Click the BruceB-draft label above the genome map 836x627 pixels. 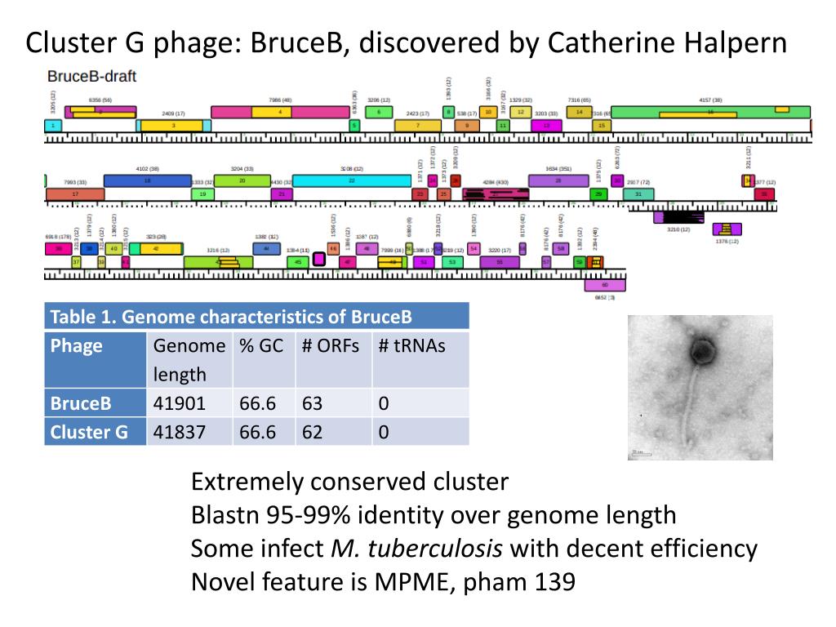tap(91, 77)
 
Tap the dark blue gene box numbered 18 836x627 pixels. tap(147, 180)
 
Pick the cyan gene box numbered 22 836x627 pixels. tap(351, 180)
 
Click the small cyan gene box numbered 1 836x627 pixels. tap(53, 126)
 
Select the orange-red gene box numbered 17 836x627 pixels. tap(75, 194)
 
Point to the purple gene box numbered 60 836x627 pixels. tap(604, 285)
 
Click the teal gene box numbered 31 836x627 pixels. tap(638, 194)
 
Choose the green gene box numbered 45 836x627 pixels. tap(298, 262)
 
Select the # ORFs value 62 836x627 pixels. tap(312, 432)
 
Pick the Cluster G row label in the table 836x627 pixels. tap(89, 432)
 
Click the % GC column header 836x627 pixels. tap(261, 345)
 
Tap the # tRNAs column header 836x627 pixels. tap(412, 345)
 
